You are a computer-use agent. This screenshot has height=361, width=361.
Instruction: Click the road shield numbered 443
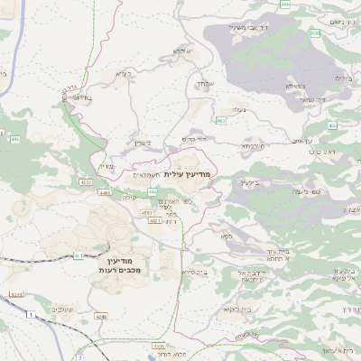click(x=15, y=140)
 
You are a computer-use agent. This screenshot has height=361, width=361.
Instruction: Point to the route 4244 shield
click(x=17, y=295)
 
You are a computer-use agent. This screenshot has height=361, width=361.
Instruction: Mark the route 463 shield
click(x=221, y=120)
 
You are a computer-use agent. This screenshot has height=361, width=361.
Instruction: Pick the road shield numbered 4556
click(x=160, y=346)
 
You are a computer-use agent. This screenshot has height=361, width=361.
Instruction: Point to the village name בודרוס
click(x=80, y=97)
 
